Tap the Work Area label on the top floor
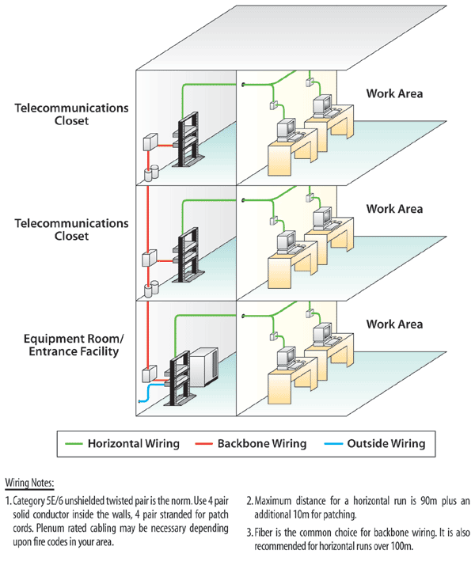pos(394,93)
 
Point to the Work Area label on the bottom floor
pos(394,324)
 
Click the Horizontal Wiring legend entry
pos(132,443)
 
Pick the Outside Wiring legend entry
pos(386,443)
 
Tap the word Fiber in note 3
pos(270,532)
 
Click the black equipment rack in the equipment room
pos(176,378)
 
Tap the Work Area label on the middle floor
pos(394,209)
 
